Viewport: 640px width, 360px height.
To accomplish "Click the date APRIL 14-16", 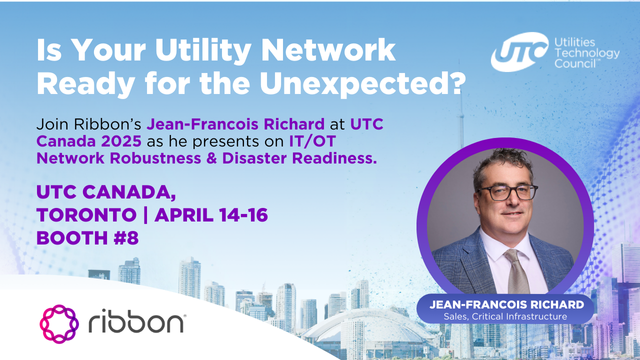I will [x=233, y=215].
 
